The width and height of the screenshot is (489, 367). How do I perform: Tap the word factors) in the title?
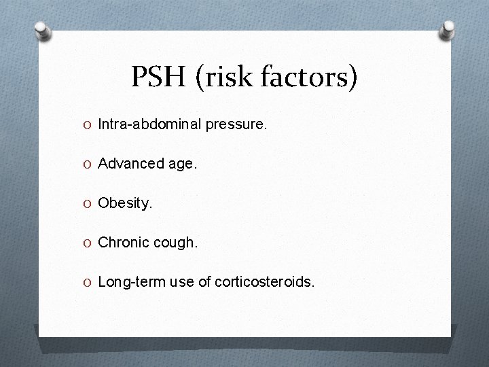point(314,78)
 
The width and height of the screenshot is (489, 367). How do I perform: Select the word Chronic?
point(122,242)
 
